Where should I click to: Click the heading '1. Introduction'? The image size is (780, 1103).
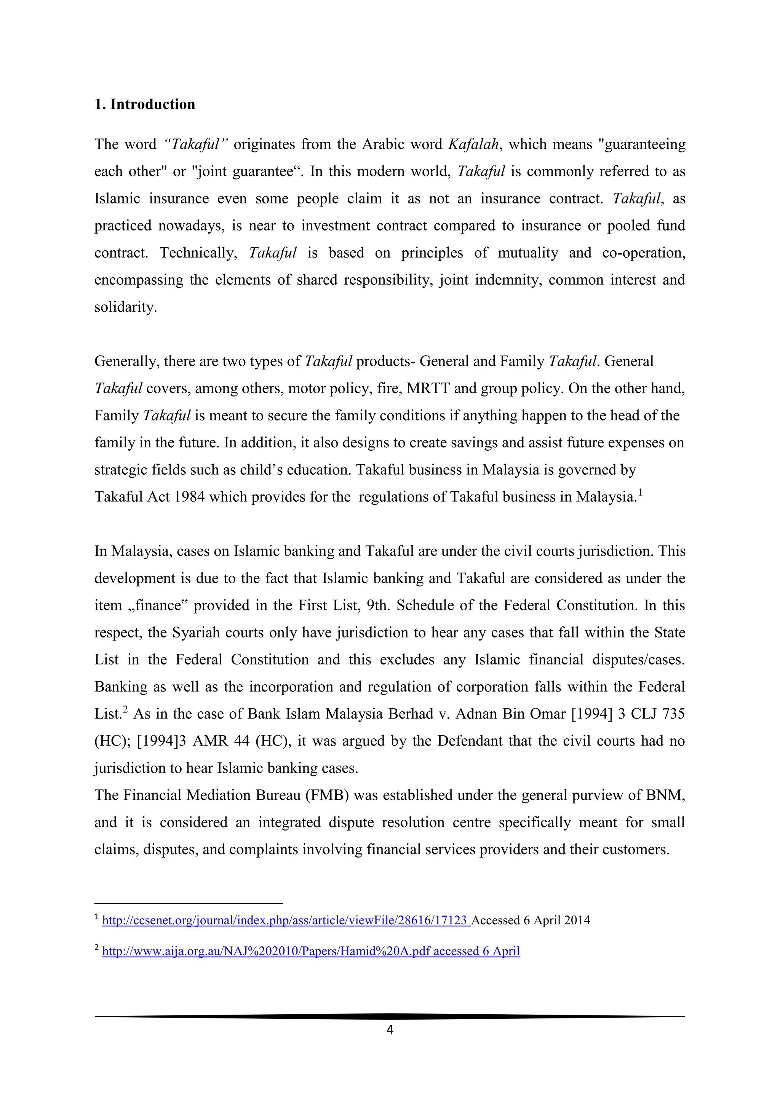click(x=145, y=104)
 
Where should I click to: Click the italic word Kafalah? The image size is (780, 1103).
click(x=473, y=144)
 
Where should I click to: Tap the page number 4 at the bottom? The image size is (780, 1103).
click(x=390, y=1029)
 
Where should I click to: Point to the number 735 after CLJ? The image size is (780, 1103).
click(x=673, y=714)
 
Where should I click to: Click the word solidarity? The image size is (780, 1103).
click(x=125, y=307)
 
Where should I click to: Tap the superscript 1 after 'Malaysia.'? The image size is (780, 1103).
click(x=640, y=492)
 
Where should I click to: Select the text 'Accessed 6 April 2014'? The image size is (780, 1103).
click(x=531, y=921)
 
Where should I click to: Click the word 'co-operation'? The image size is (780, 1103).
click(x=644, y=253)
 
